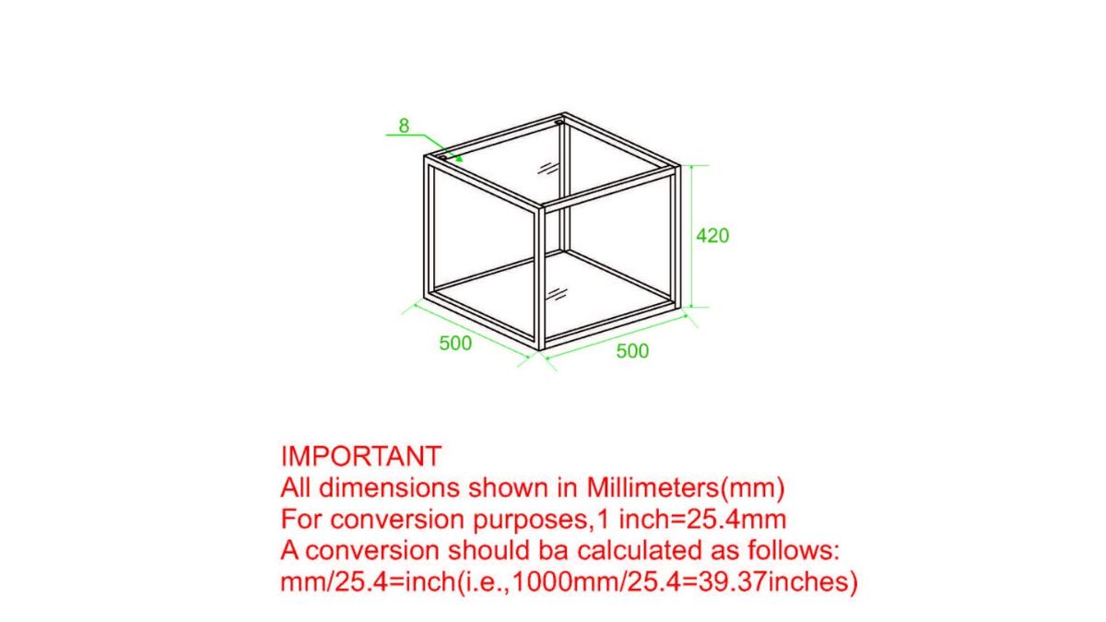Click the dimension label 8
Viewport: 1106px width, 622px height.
coord(404,126)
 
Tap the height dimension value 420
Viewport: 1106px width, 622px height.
coord(712,236)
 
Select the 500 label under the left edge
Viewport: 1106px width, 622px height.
coord(455,344)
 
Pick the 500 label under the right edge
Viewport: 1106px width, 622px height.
coord(632,351)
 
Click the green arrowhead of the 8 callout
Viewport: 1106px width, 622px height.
coord(459,158)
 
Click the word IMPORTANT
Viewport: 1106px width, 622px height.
coord(361,456)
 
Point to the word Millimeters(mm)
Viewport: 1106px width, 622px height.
coord(686,488)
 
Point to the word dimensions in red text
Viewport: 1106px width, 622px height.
coord(390,488)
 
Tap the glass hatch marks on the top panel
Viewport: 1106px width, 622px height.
coord(548,168)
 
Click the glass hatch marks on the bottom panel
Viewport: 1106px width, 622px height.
coord(556,294)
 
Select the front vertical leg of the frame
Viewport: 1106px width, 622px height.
coord(540,278)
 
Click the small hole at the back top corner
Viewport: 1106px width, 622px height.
coord(559,122)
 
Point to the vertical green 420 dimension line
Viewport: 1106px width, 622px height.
coord(691,236)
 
